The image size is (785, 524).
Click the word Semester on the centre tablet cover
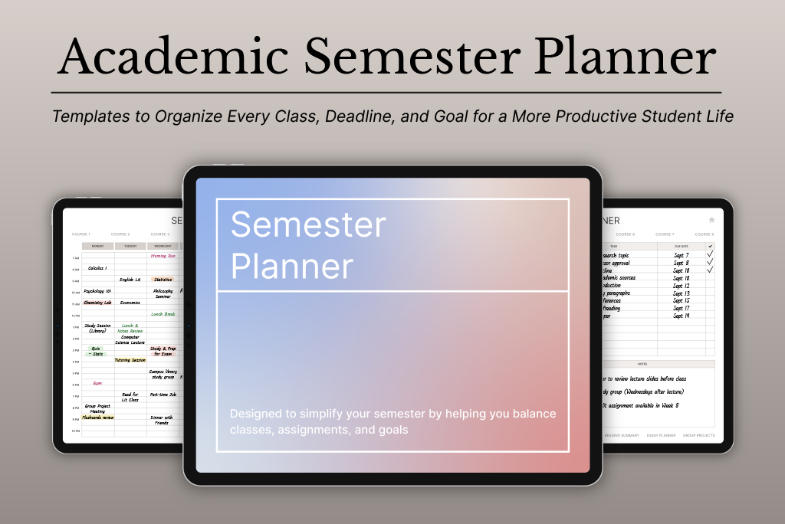point(308,225)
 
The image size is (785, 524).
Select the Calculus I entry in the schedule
point(97,268)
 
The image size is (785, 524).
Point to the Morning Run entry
point(163,256)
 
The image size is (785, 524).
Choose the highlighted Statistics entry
point(163,280)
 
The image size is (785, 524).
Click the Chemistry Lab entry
point(97,303)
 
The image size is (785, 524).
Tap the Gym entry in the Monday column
point(97,383)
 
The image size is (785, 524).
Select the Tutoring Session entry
point(130,360)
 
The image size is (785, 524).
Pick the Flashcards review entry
point(97,418)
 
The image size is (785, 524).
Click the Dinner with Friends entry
point(162,420)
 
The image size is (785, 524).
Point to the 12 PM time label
point(76,315)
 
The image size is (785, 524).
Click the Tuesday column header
point(130,246)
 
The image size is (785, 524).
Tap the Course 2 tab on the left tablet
point(120,234)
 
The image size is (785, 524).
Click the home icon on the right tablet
point(711,220)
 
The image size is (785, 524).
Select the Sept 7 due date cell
point(681,254)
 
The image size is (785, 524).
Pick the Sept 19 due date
point(681,316)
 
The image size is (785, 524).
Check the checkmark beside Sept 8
point(710,262)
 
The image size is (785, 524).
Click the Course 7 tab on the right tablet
point(665,234)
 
